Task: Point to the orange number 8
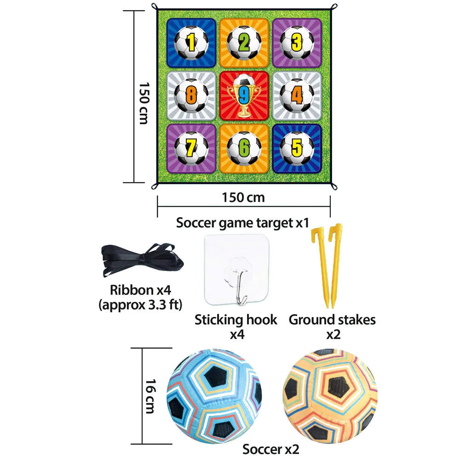[190, 96]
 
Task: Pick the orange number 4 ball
[297, 96]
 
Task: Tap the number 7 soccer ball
[190, 148]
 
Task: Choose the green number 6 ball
[244, 148]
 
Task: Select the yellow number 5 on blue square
[297, 148]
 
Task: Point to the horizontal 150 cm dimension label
[243, 197]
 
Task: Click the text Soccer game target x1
[242, 223]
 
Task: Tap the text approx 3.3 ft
[141, 305]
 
